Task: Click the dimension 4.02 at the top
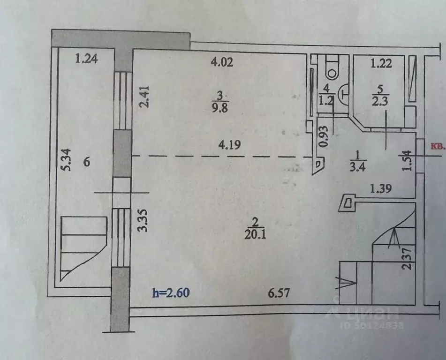222,62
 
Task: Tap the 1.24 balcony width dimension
86,59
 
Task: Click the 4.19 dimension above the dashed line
229,144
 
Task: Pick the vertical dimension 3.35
143,220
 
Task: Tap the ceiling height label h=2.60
171,292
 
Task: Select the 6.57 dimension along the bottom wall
279,293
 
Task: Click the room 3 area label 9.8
220,108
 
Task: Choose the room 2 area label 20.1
255,234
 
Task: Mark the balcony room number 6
86,162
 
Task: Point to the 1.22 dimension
381,63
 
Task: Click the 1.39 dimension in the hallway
381,188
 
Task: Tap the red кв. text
438,146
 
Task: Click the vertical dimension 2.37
407,258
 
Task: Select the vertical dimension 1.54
407,160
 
